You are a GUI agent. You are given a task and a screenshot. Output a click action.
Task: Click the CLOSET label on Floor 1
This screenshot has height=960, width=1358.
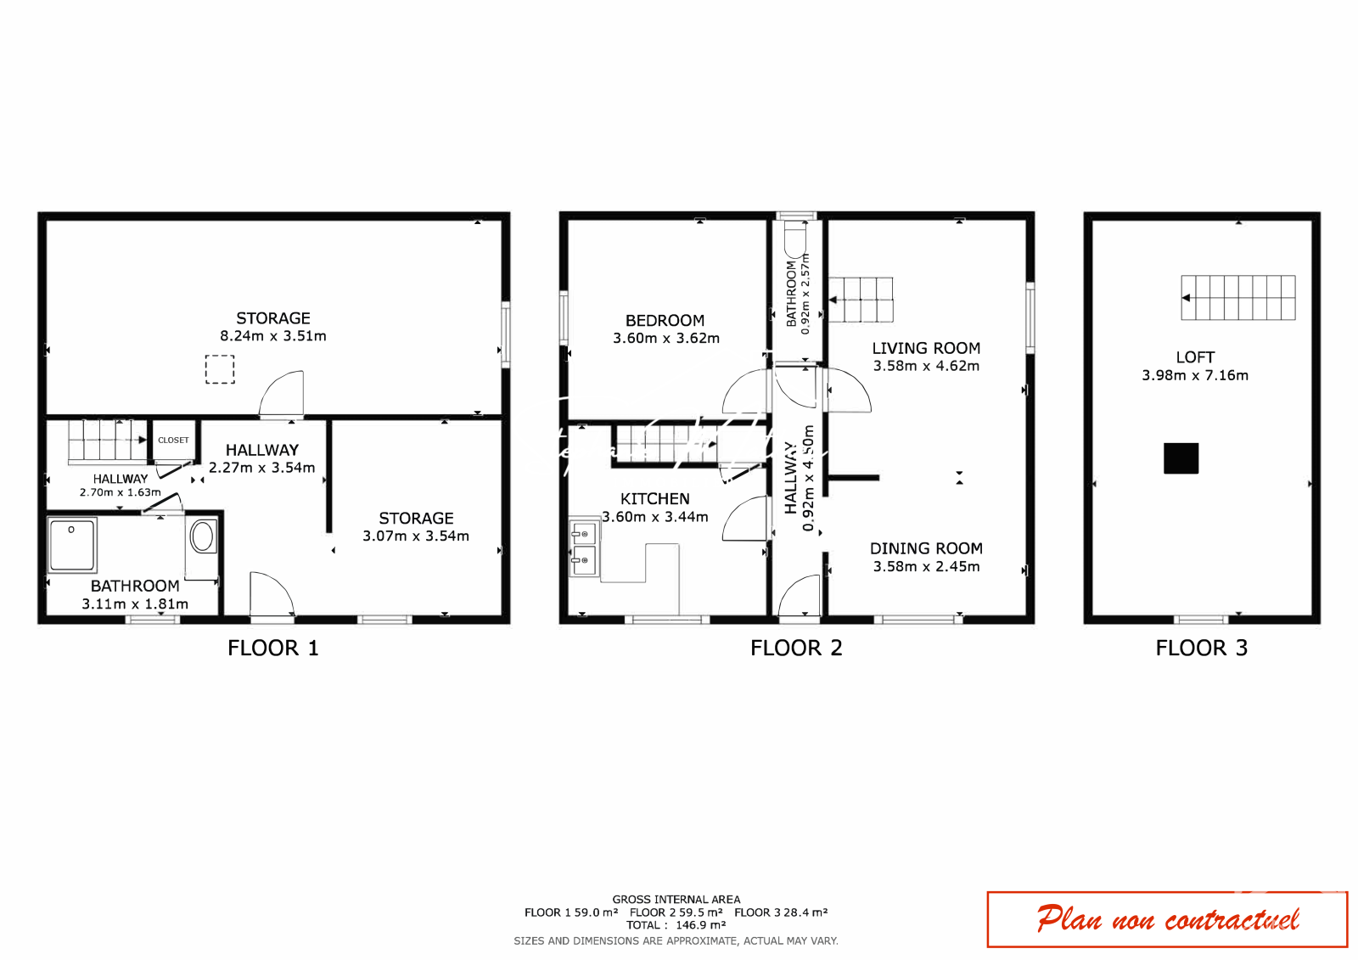pos(173,441)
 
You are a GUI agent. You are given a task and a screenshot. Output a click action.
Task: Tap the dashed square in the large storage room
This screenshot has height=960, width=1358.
pos(220,369)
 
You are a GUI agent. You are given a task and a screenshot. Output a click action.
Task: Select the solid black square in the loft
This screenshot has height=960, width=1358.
pos(1181,458)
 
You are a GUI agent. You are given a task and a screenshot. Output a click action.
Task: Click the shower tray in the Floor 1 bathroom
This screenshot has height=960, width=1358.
pos(72,545)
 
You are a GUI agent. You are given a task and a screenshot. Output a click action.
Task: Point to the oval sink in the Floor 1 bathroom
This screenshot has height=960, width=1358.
pos(202,536)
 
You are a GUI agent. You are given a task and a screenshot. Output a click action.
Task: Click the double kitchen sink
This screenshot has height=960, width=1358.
pos(584,549)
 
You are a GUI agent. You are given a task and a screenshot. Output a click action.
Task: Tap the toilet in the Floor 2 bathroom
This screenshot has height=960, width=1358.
pos(795,239)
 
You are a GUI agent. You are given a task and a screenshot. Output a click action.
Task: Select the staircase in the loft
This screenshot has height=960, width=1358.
pos(1238,297)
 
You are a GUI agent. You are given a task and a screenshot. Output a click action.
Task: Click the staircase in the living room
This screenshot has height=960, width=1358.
pos(861,300)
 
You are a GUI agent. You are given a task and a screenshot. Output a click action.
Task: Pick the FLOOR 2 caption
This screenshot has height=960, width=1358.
pos(796,648)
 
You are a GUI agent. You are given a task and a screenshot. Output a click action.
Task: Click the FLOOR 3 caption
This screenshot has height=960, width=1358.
pos(1201,648)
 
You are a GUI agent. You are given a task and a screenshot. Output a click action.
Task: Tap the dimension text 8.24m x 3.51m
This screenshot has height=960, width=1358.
pos(272,336)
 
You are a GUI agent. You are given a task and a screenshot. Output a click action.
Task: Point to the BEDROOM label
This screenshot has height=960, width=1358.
pos(665,321)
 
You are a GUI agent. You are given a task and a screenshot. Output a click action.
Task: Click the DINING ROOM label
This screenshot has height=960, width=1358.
pos(926,549)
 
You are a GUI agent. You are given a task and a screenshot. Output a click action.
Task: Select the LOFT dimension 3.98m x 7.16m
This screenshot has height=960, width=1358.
pos(1195,375)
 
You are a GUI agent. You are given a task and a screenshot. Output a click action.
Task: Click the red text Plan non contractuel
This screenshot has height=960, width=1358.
pos(1168,919)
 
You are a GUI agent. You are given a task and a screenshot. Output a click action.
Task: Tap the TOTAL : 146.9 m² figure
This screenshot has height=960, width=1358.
pos(676,925)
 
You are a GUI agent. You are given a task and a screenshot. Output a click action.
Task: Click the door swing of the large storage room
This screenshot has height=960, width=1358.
pos(281,393)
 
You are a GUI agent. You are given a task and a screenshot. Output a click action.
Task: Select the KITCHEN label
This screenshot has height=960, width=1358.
pos(654,499)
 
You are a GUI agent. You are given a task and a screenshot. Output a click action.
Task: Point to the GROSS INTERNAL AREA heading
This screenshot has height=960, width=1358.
pos(676,900)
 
